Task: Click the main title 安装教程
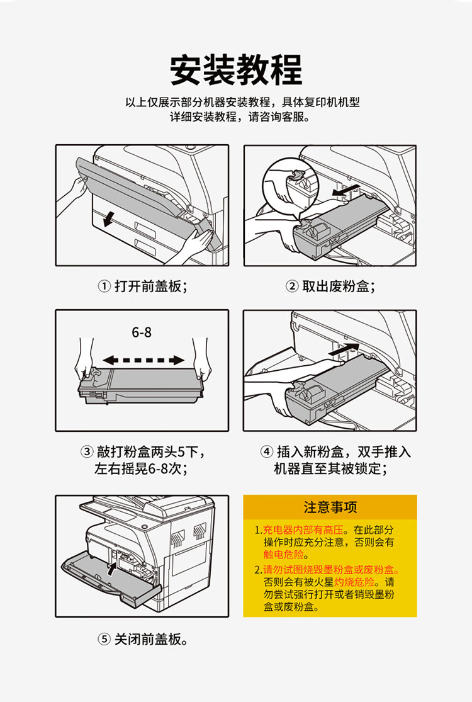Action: [x=236, y=70]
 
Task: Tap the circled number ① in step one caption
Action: [x=104, y=287]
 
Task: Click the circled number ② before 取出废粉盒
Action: [x=292, y=287]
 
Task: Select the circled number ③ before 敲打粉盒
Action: [x=87, y=452]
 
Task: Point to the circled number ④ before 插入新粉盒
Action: [x=267, y=452]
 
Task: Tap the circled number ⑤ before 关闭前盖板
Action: [x=104, y=640]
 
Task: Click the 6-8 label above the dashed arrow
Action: [x=142, y=332]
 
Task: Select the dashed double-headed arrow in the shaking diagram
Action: [x=143, y=361]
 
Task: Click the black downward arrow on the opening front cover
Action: [x=110, y=218]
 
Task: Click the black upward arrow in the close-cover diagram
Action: [x=111, y=570]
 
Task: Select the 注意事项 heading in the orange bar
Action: [x=330, y=507]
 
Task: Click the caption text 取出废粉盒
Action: [x=339, y=287]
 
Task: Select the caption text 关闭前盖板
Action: [x=151, y=640]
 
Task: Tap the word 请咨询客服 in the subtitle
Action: [x=278, y=117]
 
